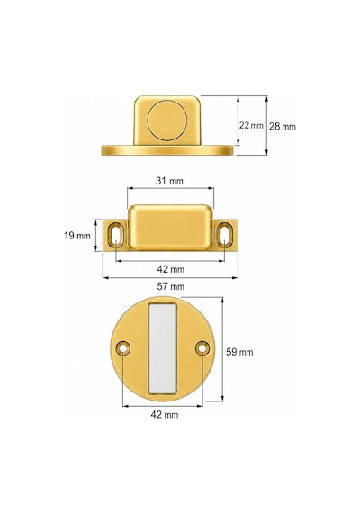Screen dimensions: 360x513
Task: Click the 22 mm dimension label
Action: tap(251, 125)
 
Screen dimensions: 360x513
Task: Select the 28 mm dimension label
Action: tap(283, 126)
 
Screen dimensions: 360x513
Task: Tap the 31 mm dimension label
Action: tap(169, 181)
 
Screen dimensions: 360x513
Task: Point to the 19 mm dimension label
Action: tap(77, 236)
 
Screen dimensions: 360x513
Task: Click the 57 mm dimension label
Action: tap(170, 286)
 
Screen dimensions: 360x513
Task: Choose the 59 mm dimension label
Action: tap(239, 352)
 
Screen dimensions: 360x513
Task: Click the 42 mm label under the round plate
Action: tap(165, 415)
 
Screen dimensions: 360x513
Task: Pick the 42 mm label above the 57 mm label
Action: tap(170, 269)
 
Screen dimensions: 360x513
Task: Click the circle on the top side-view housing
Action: tap(167, 121)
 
